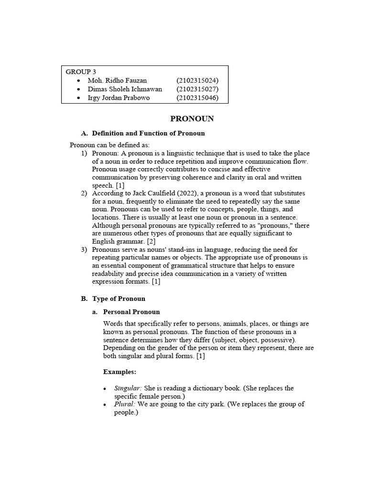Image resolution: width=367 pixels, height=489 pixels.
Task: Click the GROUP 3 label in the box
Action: (x=81, y=72)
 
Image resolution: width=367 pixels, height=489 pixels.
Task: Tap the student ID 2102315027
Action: (x=197, y=89)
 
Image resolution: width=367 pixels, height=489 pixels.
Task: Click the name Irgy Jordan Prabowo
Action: (x=119, y=98)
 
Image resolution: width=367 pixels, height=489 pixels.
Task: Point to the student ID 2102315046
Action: (x=197, y=98)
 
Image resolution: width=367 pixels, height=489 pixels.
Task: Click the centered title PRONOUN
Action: (x=193, y=118)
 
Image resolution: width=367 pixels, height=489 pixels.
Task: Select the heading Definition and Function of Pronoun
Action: (x=148, y=133)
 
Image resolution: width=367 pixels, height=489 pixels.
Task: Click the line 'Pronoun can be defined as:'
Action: (x=109, y=145)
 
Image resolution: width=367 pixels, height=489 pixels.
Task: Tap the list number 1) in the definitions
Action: (x=84, y=153)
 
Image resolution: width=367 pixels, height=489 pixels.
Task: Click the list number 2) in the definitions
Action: (x=84, y=193)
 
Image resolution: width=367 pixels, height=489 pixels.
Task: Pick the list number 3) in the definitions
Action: (x=84, y=249)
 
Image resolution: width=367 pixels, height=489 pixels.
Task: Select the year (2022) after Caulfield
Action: (x=187, y=193)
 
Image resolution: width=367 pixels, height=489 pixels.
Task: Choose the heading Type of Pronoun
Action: (x=119, y=298)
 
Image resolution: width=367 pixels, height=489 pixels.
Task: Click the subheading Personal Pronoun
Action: (x=131, y=312)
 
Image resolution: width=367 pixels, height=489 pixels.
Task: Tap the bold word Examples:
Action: (x=119, y=372)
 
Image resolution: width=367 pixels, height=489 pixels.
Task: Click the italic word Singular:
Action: (x=128, y=388)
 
